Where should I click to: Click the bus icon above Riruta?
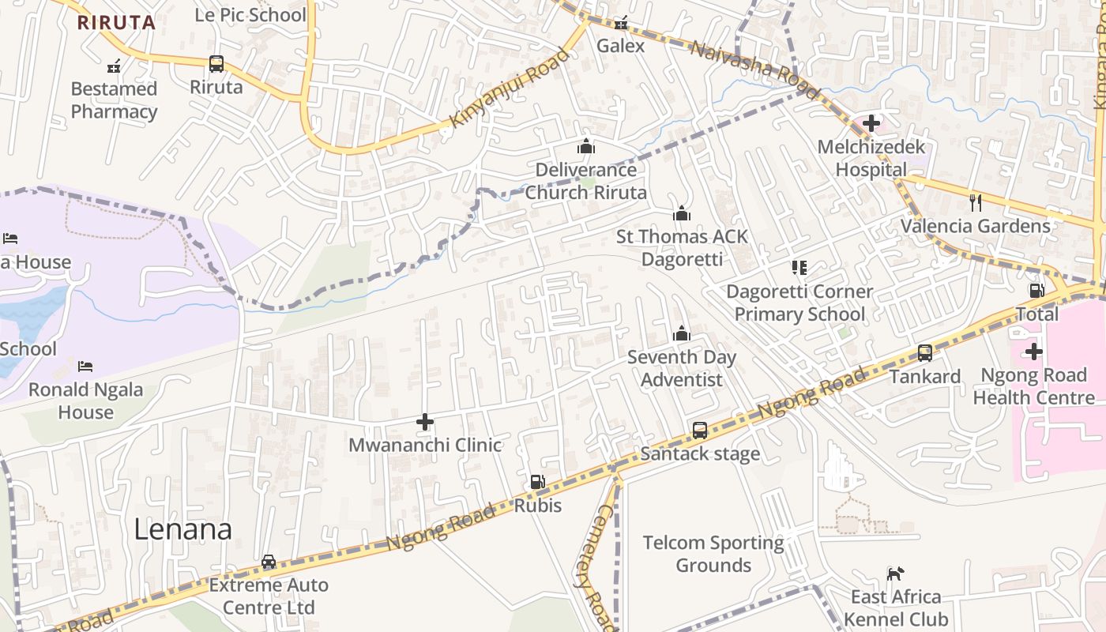tap(216, 64)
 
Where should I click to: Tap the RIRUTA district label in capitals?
tap(116, 22)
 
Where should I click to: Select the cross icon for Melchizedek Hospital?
tap(871, 123)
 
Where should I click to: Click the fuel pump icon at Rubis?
tap(537, 481)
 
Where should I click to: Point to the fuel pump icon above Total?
tap(1037, 291)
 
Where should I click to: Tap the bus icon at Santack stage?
tap(700, 431)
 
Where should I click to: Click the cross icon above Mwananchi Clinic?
tap(425, 422)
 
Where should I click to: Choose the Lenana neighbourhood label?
tap(182, 529)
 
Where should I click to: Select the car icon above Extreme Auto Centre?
tap(269, 562)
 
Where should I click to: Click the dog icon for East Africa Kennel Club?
tap(895, 574)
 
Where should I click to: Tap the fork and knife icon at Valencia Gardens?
tap(976, 202)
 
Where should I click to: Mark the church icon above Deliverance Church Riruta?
tap(585, 146)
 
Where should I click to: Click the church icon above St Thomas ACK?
tap(681, 213)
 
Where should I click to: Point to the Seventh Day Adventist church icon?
tap(681, 334)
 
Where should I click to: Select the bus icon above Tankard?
tap(924, 353)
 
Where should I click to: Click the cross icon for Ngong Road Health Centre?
tap(1033, 352)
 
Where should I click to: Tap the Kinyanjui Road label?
tap(509, 88)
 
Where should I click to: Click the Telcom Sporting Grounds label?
tap(713, 554)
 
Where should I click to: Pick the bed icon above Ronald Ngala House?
tap(85, 367)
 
